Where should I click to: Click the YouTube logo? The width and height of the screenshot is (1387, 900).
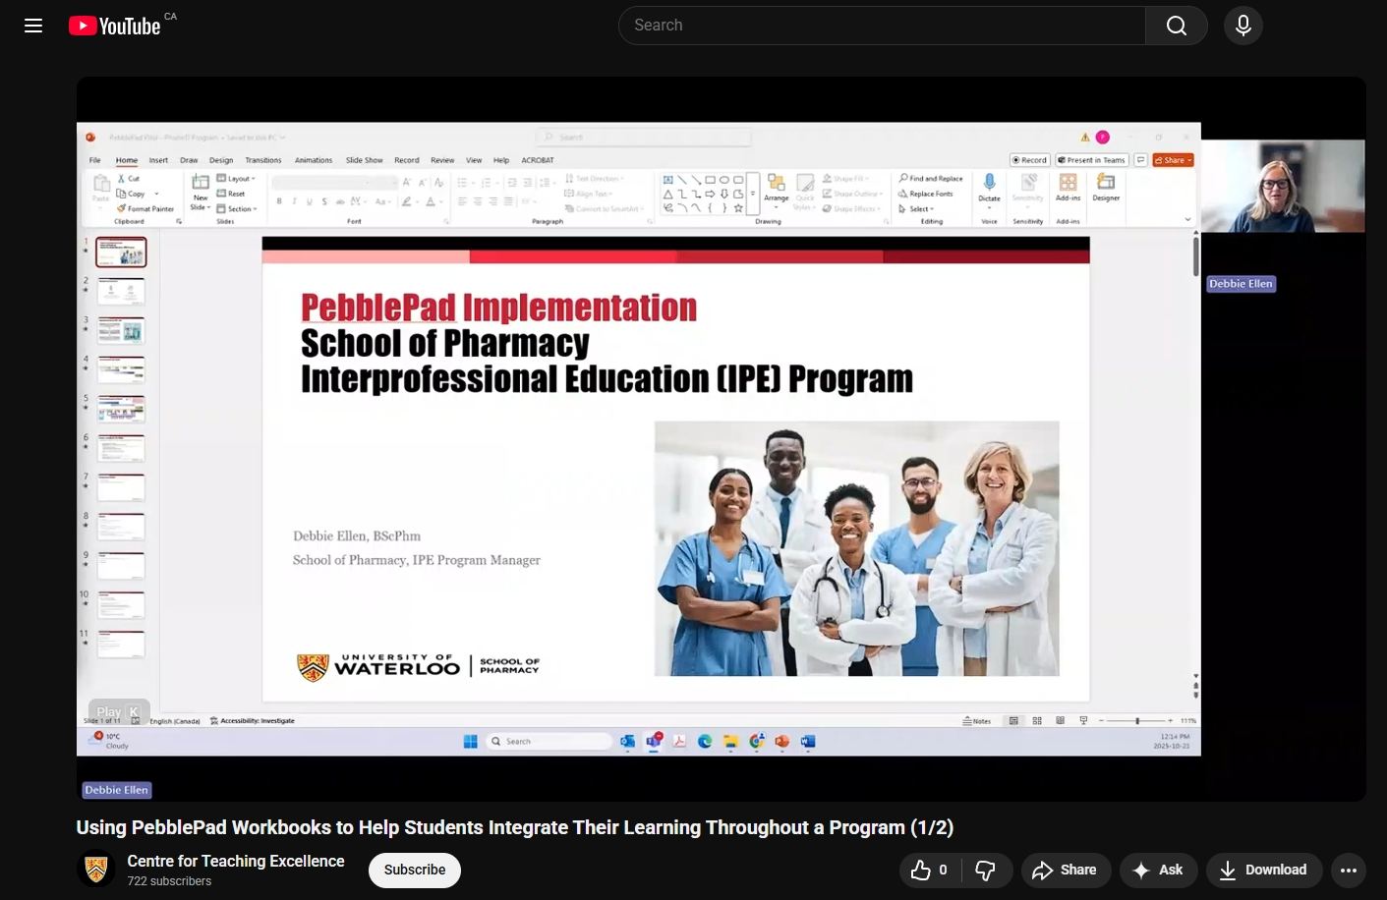(115, 26)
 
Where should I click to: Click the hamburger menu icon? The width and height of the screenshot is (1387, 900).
(33, 26)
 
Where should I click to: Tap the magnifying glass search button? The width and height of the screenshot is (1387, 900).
(1176, 26)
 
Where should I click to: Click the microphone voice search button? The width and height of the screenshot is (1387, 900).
(1243, 26)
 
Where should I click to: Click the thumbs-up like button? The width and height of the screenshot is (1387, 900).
(929, 870)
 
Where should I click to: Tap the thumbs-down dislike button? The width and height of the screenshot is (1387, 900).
(985, 870)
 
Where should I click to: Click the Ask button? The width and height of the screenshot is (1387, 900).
(1158, 870)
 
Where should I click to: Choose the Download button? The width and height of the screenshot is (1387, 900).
(1263, 870)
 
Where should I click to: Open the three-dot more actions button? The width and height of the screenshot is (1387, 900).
(1349, 870)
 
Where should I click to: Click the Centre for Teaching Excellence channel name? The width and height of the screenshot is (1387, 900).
(236, 861)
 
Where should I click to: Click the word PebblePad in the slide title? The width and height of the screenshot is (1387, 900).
(378, 308)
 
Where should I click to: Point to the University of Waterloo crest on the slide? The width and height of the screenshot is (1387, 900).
(313, 667)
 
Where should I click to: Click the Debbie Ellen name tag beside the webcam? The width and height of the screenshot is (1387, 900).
(1241, 284)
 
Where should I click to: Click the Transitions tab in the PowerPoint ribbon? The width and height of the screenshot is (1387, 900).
(263, 160)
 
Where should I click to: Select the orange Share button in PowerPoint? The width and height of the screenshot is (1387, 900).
(1173, 160)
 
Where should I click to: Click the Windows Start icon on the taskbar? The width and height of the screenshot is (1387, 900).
(470, 742)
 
